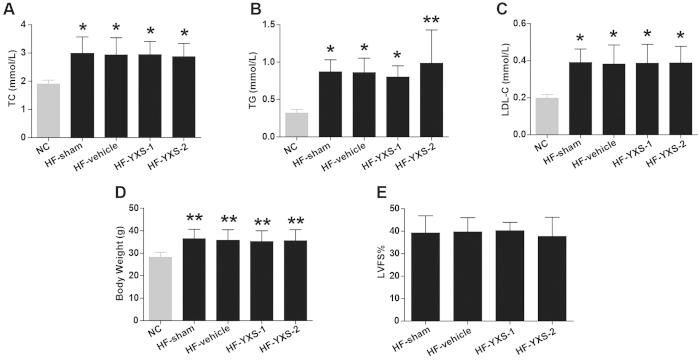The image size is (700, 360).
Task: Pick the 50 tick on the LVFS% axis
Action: point(362,209)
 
